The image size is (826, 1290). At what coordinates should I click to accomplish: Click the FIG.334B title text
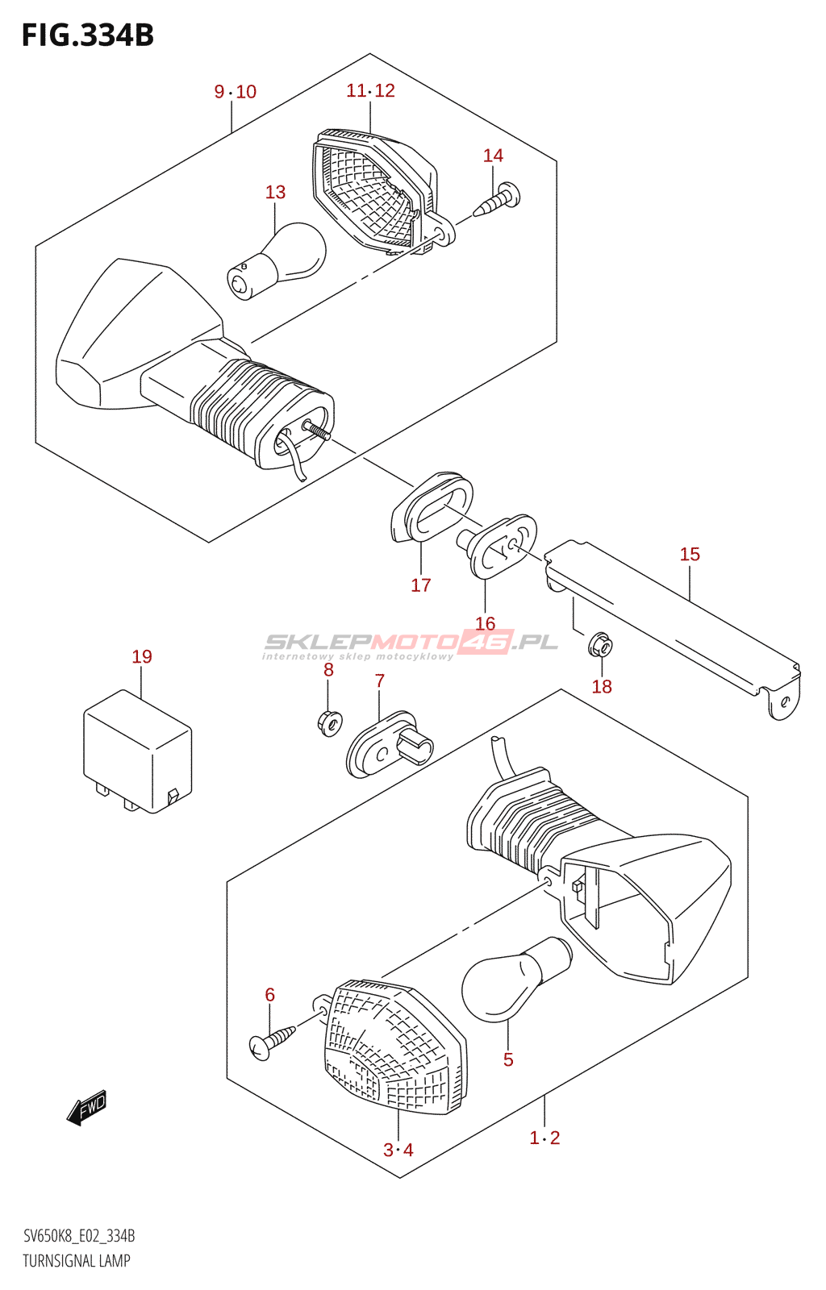[x=87, y=36]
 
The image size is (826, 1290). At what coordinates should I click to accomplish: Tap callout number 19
[x=142, y=657]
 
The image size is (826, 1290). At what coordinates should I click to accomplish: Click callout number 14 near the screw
[x=493, y=156]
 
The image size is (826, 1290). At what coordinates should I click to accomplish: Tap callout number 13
[x=275, y=192]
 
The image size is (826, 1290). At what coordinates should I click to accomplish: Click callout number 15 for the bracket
[x=690, y=555]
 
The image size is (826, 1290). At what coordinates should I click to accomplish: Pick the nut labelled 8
[x=329, y=721]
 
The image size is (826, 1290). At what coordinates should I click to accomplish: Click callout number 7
[x=380, y=681]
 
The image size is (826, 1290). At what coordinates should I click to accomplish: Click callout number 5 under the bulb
[x=508, y=1060]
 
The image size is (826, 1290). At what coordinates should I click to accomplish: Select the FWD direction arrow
[x=86, y=1108]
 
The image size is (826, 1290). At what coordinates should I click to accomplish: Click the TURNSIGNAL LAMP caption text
[x=77, y=1261]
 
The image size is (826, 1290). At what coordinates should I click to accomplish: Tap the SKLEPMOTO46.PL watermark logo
[x=411, y=643]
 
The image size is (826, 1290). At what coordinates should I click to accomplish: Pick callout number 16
[x=485, y=623]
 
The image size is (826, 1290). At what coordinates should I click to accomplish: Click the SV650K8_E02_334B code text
[x=79, y=1236]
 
